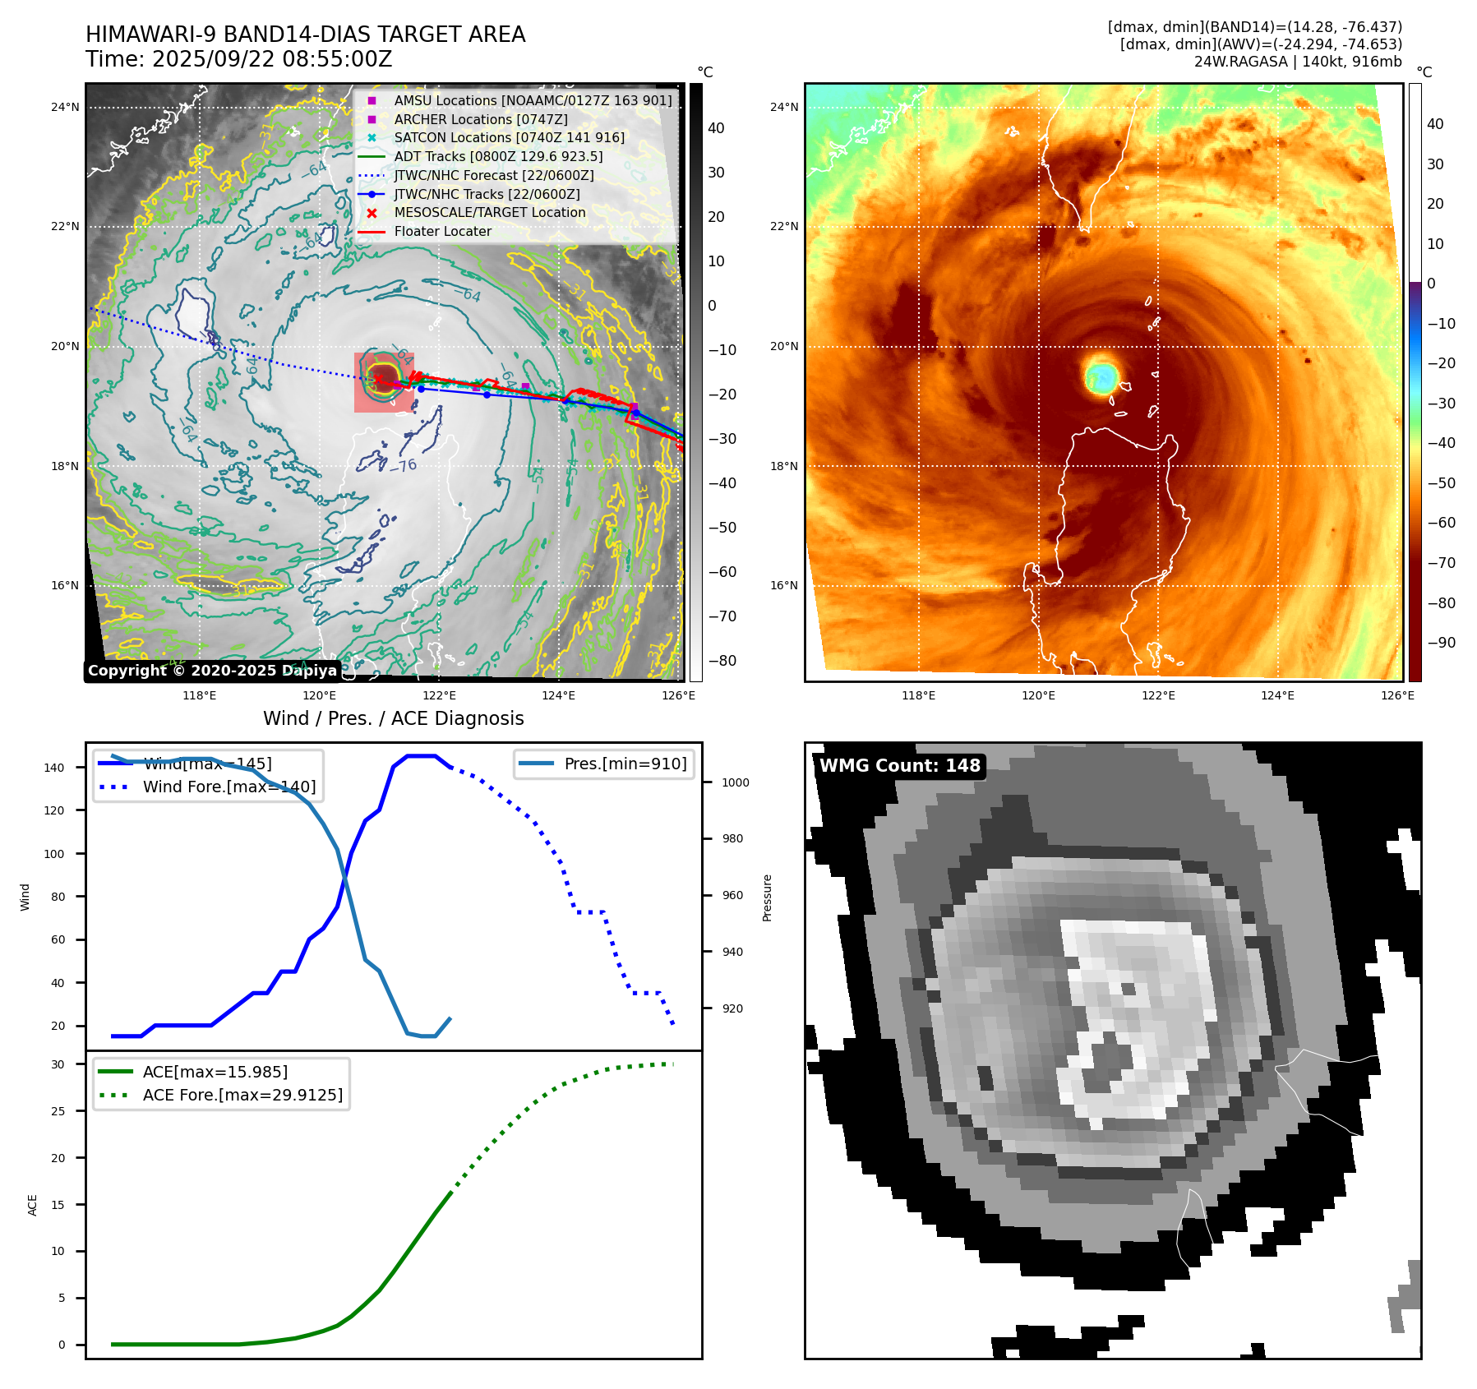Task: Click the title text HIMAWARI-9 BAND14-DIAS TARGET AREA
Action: (305, 35)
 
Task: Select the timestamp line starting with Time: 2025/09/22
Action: (238, 59)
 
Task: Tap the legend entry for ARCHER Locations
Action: (480, 119)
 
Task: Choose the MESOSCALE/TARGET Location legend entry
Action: (489, 212)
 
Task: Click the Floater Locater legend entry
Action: (442, 231)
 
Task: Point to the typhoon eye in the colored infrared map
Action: (1101, 376)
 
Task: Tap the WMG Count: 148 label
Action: (899, 765)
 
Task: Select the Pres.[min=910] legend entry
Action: (625, 764)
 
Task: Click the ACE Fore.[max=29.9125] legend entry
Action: (242, 1095)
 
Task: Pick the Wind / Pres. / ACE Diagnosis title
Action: (393, 718)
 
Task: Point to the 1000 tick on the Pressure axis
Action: (735, 782)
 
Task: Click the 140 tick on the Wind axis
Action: (54, 768)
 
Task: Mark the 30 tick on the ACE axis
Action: (58, 1064)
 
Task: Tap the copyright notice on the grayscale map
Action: (212, 671)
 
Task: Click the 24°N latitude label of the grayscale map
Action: (65, 107)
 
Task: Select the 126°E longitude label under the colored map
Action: (1397, 695)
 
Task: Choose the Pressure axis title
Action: (767, 898)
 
